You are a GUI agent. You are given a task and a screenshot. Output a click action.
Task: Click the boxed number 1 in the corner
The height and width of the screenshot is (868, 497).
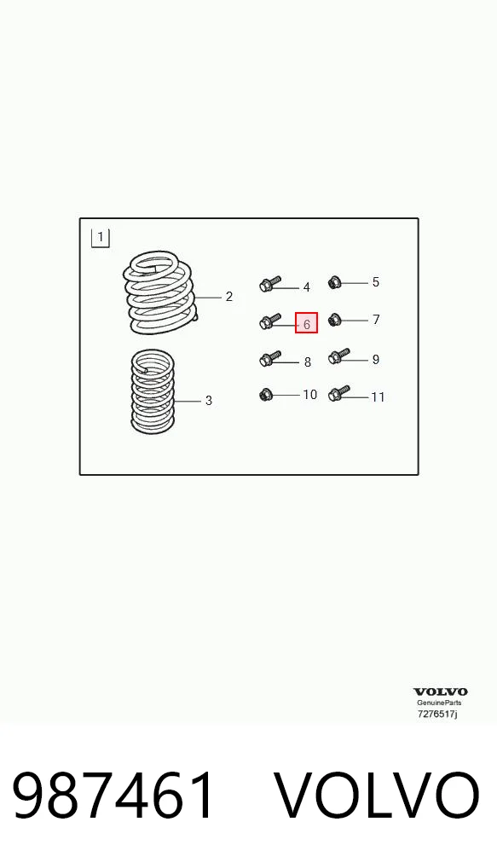tap(101, 238)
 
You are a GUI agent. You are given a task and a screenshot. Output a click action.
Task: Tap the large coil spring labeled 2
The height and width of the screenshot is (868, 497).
tap(159, 293)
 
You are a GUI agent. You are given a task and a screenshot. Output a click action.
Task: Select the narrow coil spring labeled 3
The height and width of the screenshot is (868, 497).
tap(153, 391)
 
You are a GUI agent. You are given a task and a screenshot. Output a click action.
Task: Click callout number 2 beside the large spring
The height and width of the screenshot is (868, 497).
tap(229, 297)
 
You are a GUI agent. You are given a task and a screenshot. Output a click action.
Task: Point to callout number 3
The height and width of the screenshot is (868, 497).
tap(209, 400)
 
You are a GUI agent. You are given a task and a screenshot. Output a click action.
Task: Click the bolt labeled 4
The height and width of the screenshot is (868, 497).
tap(270, 285)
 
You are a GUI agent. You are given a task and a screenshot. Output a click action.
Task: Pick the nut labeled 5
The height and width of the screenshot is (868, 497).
tap(333, 283)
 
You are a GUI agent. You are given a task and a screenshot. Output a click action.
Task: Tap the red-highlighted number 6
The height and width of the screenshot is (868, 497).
tap(307, 323)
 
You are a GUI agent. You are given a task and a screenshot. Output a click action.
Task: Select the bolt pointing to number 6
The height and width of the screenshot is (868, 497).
tap(270, 321)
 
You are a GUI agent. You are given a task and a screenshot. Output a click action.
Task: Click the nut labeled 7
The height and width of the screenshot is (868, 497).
tap(333, 320)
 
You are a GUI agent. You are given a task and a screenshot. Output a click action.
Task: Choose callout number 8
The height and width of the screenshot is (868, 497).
tap(308, 362)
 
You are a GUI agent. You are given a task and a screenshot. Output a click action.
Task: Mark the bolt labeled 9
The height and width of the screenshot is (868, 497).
tap(338, 356)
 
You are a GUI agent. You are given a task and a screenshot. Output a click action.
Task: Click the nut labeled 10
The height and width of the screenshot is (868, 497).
tap(266, 395)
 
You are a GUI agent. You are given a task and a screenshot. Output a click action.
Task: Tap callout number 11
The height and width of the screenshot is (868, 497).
tap(378, 397)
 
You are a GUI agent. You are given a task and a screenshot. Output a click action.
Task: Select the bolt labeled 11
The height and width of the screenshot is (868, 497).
tap(338, 394)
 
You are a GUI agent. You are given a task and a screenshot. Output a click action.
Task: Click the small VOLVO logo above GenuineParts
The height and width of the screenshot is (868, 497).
tap(441, 692)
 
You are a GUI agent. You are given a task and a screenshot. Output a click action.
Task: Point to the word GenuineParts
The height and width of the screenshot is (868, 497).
tap(439, 703)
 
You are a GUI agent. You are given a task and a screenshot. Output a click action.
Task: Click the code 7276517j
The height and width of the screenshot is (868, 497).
tap(437, 715)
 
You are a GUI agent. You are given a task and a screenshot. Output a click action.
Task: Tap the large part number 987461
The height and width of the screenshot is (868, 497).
tap(113, 796)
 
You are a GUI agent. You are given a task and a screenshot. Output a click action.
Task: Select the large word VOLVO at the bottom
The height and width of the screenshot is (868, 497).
tap(377, 796)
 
